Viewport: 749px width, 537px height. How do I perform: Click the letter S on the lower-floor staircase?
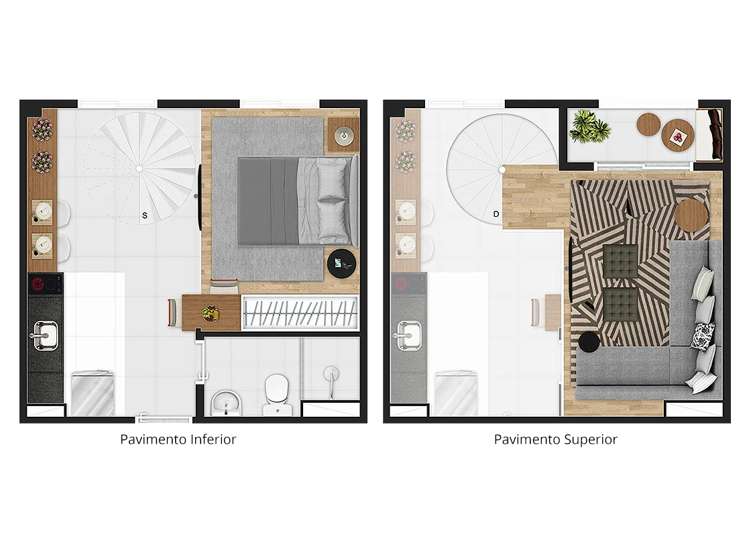pos(145,215)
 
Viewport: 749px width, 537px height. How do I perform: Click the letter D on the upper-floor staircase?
pos(496,214)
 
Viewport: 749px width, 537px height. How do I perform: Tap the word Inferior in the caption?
pos(213,440)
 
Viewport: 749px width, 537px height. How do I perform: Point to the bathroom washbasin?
pos(226,403)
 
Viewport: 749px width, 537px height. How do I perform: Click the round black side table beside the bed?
pos(341,264)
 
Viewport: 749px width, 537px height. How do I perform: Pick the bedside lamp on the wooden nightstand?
pos(343,136)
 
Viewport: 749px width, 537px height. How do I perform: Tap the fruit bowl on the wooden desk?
pos(210,313)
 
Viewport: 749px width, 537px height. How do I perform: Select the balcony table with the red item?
pos(677,136)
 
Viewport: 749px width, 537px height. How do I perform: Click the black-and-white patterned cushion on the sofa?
pos(703,335)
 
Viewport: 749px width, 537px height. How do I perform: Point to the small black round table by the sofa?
pos(589,342)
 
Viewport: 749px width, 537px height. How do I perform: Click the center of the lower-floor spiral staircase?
pos(139,168)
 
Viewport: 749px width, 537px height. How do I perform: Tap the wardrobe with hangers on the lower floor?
pos(300,313)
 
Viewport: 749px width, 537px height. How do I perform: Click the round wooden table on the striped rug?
pos(692,215)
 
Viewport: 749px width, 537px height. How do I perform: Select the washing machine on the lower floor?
pos(92,393)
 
